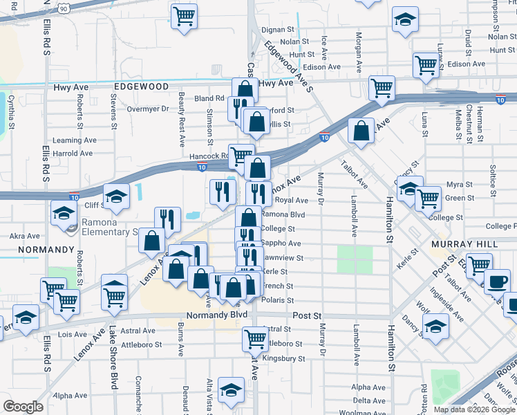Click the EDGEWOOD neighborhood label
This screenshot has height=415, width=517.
point(142,86)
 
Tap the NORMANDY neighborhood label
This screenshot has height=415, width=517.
point(46,249)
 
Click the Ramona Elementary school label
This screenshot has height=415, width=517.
point(111,227)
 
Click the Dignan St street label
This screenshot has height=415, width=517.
point(278,30)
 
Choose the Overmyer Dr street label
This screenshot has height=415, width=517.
point(148,109)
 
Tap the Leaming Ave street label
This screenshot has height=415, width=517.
point(77,140)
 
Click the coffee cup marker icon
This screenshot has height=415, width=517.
point(497,281)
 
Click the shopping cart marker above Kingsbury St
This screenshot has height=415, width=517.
point(255,338)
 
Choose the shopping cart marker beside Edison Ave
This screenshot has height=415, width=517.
point(426,64)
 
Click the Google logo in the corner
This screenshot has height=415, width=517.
point(23,407)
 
